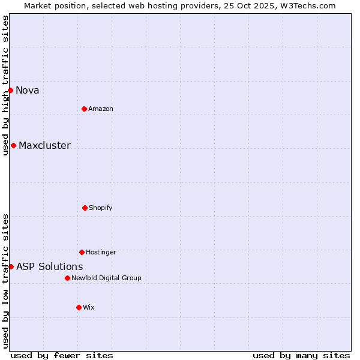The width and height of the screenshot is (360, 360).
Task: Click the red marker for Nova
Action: [x=10, y=90]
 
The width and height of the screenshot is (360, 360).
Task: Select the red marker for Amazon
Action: [x=84, y=109]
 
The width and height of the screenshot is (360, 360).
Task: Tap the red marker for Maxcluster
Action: [x=13, y=145]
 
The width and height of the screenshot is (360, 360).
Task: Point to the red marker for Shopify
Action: [x=85, y=208]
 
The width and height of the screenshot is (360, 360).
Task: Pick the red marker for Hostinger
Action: [x=82, y=252]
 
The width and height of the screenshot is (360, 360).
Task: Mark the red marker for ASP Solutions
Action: [x=11, y=266]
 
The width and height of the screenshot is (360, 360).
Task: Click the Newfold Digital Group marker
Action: [x=67, y=278]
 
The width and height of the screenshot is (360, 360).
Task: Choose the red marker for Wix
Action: [x=79, y=307]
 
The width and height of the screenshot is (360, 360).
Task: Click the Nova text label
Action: [x=28, y=91]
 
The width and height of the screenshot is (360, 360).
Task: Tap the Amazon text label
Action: [x=101, y=109]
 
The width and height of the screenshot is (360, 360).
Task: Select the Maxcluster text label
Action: [x=44, y=146]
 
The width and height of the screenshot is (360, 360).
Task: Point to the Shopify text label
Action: [x=101, y=208]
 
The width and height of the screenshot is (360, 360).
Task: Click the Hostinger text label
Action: [x=101, y=253]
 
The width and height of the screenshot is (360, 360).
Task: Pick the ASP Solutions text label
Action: [x=50, y=267]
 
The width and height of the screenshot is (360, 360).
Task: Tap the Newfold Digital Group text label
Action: [x=106, y=278]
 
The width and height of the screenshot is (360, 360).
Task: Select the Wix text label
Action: [x=89, y=308]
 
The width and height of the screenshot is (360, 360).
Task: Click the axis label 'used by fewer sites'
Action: [x=62, y=355]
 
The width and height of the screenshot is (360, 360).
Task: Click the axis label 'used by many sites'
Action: [x=301, y=355]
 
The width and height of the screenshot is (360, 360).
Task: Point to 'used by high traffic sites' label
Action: [x=5, y=86]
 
